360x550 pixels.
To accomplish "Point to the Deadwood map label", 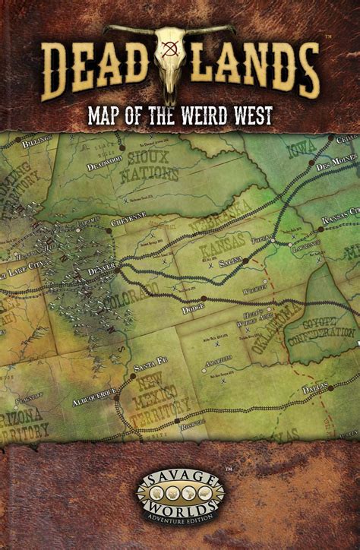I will pos(104,167).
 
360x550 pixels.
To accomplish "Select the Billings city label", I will pos(36,143).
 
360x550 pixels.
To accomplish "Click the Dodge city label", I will pos(194,309).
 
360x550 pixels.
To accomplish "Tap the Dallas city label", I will pos(315,387).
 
